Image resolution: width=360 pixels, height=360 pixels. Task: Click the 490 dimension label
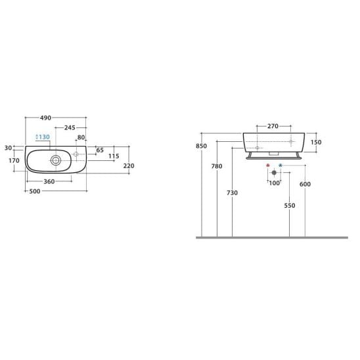pos(45,118)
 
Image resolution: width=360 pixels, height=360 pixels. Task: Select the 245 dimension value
pos(70,127)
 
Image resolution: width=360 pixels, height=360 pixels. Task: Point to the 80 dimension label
pos(81,137)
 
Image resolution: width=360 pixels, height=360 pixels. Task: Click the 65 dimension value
pos(100,150)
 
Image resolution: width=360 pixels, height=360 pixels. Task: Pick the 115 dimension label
pos(114,156)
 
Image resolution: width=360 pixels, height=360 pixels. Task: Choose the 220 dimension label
pos(129,166)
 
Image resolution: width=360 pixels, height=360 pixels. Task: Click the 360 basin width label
pos(49,181)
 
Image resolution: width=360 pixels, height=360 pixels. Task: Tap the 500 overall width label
pos(35,191)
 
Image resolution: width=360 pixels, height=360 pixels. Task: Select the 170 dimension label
pos(14,160)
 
